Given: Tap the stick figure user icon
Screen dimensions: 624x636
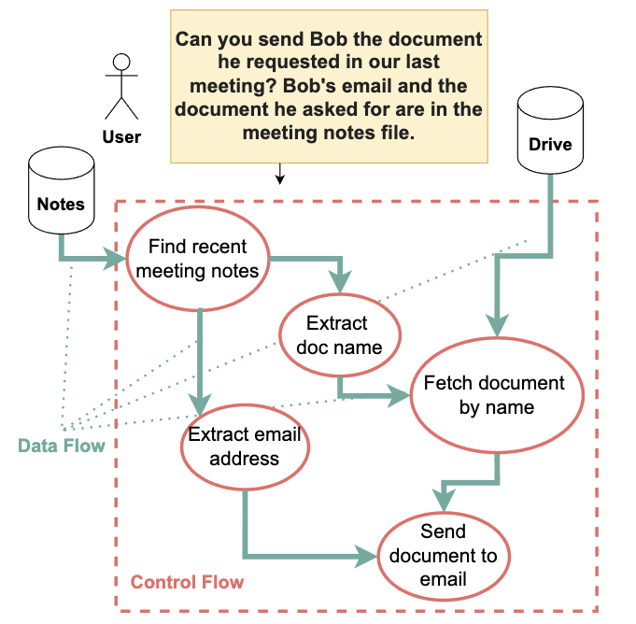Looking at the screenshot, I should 120,86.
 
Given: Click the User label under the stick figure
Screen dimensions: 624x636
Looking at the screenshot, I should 121,137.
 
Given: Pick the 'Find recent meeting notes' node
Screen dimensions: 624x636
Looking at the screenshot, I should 197,259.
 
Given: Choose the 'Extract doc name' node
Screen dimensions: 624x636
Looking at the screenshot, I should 340,335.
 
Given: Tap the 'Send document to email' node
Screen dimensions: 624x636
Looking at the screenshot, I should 443,556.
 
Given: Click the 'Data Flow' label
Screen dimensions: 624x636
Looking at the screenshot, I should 62,446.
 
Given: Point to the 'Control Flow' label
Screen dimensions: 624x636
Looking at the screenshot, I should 187,583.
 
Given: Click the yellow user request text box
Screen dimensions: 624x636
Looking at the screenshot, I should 329,86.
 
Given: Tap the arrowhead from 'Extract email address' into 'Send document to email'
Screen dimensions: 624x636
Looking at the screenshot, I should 367,558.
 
